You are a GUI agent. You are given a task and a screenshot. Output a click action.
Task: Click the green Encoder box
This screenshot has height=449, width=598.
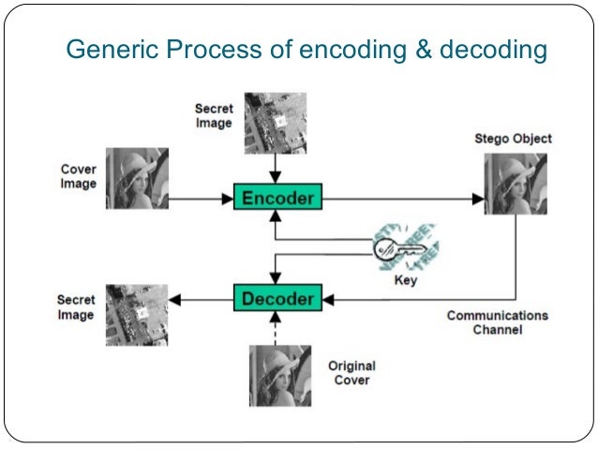[277, 198]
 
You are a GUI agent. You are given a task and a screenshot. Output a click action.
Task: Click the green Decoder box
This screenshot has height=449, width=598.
[277, 299]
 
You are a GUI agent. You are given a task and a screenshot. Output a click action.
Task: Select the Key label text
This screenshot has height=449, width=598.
[406, 280]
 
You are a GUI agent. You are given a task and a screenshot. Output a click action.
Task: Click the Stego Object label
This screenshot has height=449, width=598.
[514, 139]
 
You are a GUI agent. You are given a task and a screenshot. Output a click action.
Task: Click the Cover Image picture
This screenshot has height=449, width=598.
[138, 178]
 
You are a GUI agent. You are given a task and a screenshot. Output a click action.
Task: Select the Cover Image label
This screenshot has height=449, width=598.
[78, 177]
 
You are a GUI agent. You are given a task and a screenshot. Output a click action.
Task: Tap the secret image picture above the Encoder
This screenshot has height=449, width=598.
[273, 122]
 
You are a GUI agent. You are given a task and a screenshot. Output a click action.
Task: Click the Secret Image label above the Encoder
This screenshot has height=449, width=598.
[214, 116]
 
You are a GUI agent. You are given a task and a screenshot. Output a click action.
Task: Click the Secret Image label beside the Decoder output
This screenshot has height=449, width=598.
[76, 307]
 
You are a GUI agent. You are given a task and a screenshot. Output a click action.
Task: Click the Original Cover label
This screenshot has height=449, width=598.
[351, 372]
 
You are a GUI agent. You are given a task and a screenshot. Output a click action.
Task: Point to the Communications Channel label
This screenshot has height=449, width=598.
[497, 322]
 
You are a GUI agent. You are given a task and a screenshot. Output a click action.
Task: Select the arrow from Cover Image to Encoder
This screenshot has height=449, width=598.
[201, 198]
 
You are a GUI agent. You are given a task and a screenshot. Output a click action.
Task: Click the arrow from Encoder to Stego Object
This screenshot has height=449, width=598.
[403, 198]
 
